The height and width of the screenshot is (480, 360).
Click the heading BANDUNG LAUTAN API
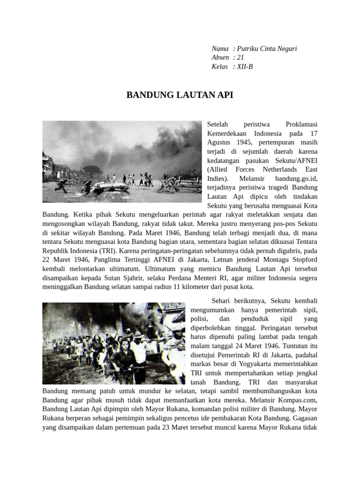point(180,95)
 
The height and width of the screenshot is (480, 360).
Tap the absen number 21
point(240,58)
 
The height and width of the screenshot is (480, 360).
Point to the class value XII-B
point(245,67)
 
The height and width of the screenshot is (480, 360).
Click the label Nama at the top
point(220,49)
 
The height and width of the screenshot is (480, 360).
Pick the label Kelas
point(220,67)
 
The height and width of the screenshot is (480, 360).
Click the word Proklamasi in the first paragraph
point(301,125)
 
